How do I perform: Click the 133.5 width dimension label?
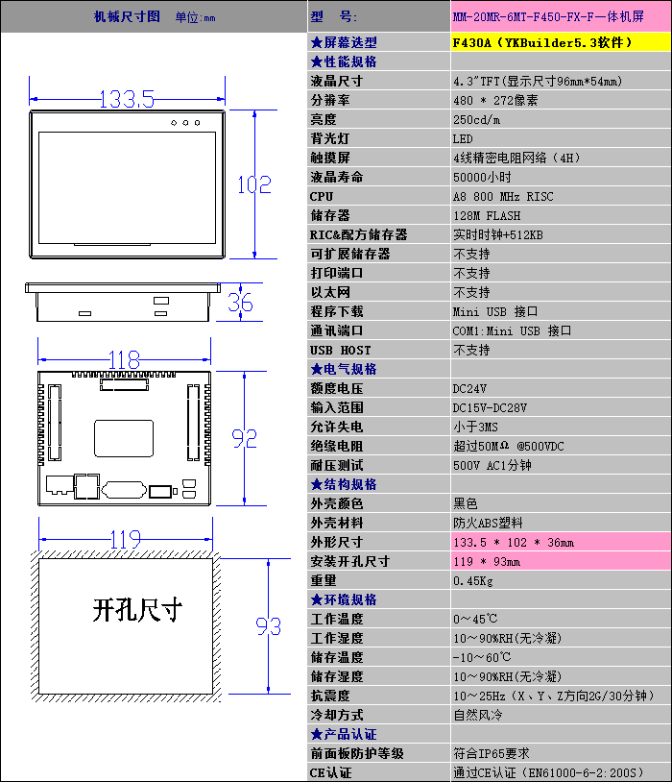pos(127,99)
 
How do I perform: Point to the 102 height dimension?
pos(254,184)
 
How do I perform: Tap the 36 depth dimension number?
pos(240,303)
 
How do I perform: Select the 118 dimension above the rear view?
pos(124,359)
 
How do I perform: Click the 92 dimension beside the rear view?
pos(244,438)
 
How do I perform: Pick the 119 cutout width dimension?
pos(125,539)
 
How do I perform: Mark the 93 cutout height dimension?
pos(268,626)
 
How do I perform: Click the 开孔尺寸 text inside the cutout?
pos(137,609)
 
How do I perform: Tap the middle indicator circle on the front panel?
pos(185,123)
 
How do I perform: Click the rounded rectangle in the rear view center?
pos(124,438)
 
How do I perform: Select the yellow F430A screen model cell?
pos(561,42)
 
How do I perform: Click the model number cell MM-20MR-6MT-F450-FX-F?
pos(561,16)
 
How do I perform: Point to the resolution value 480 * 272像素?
pos(495,100)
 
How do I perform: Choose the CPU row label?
pos(322,197)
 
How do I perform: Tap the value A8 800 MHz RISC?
pos(503,197)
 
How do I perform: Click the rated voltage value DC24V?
pos(469,388)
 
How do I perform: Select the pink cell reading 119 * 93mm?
pos(561,562)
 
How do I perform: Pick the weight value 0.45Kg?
pos(473,581)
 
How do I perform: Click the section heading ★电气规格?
pos(344,370)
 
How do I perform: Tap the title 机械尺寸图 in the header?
pos(127,16)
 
